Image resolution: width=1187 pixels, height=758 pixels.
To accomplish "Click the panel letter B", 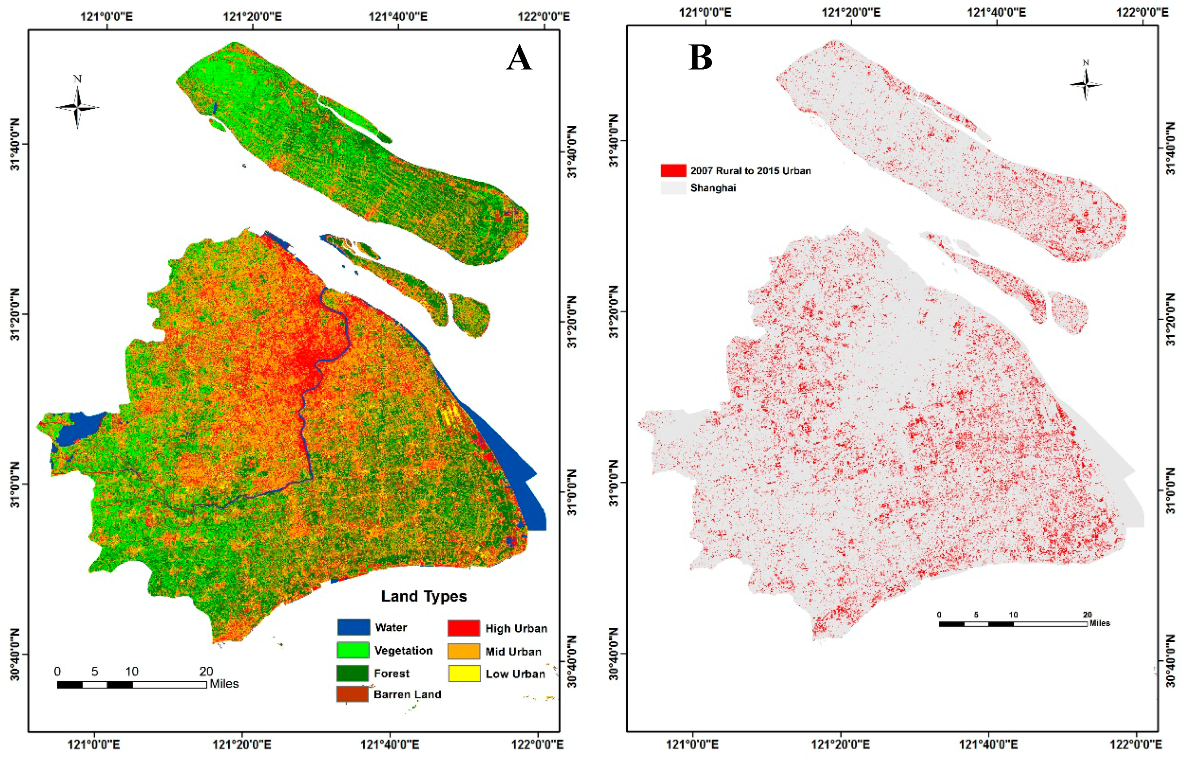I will point(700,58).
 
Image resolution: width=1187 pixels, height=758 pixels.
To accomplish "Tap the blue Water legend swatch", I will point(353,627).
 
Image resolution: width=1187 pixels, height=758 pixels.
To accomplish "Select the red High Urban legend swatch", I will point(464,628).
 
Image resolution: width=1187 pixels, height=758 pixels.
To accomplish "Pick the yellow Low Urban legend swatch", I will point(464,673).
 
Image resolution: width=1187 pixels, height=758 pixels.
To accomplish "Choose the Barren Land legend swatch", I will point(352,694).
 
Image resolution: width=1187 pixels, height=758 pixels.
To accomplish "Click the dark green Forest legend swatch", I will point(352,673).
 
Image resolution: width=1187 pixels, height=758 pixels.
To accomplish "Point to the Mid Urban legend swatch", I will point(464,651).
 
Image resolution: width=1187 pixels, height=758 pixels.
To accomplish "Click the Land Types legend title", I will point(423,596).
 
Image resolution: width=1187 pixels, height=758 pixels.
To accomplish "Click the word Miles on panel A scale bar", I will point(224,684).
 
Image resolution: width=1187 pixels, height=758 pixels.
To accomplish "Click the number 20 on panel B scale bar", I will point(1087,615).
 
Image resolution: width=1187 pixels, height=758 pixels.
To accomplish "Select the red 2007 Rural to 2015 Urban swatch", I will point(673,171).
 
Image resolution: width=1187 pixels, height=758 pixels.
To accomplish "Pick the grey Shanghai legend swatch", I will point(673,188).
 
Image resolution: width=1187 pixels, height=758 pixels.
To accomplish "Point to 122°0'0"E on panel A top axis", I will point(543,17).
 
